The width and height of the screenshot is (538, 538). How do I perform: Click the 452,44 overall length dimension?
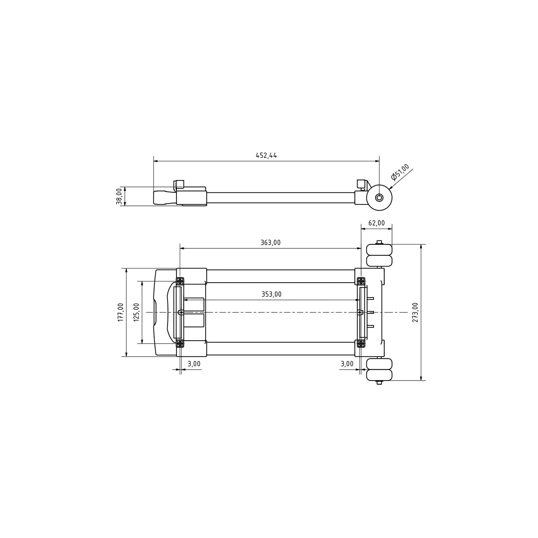tap(266, 156)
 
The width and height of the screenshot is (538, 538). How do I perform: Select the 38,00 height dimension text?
tap(119, 196)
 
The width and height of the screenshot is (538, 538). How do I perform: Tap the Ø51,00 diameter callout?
tap(400, 172)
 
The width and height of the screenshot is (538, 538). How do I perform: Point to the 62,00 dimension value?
tap(376, 223)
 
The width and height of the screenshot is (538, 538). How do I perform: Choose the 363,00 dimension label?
tap(270, 243)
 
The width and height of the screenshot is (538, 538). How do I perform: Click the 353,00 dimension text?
tap(271, 294)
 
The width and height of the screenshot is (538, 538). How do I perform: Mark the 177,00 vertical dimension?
tap(121, 312)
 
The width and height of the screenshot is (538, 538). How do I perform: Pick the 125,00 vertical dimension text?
tap(136, 312)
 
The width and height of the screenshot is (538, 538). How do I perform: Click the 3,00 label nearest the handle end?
tap(194, 364)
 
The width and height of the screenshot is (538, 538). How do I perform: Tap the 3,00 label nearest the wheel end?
tap(347, 364)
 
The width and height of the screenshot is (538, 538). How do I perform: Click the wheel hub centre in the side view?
tap(379, 197)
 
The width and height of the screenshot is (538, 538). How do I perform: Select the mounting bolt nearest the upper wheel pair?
tap(360, 280)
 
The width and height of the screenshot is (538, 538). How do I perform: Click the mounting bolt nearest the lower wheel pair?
tap(360, 344)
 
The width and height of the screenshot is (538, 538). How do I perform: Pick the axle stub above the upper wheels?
tap(379, 242)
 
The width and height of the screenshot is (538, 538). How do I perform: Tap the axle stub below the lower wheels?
tap(379, 382)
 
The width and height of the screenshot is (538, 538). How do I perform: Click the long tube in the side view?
tap(279, 198)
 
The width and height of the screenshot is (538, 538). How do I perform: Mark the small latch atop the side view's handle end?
tap(179, 184)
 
